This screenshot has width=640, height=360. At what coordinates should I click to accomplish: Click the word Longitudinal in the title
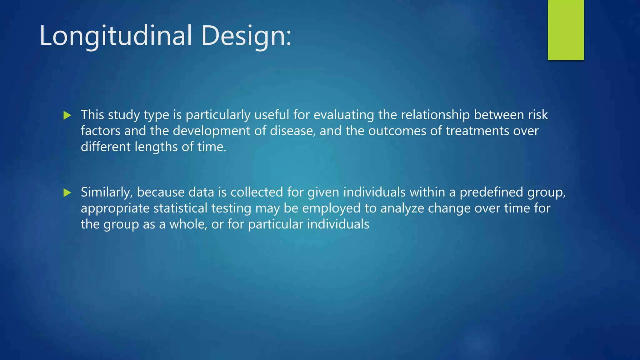point(116,36)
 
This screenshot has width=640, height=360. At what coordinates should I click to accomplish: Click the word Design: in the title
point(246,36)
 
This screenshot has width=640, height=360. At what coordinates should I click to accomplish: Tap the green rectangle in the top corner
point(566,30)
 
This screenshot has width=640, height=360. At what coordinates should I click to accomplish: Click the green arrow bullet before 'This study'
point(67,115)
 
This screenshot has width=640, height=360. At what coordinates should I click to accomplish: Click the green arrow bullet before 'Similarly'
point(67,192)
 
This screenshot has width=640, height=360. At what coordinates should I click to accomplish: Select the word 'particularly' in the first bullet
point(218,115)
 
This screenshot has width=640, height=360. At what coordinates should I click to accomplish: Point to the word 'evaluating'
point(343,115)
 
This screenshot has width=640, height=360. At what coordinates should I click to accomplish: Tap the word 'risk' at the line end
point(538,115)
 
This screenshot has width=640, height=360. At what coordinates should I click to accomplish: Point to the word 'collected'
point(257,192)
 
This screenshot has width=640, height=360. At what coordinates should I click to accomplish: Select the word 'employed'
point(331,208)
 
